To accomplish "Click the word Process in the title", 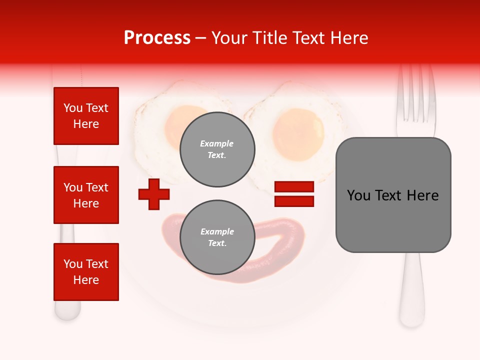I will coord(157,38).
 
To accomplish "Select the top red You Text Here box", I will coord(86,116).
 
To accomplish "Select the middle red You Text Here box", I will coord(86,195).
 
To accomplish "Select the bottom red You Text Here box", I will coord(86,272).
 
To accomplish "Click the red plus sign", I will coord(154,194).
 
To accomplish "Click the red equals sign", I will coord(294,194).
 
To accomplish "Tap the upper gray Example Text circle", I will coord(217,149).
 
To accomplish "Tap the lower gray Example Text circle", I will coord(217,237).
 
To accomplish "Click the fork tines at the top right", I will coord(414,95).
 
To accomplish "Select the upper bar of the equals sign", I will coord(294,187).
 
